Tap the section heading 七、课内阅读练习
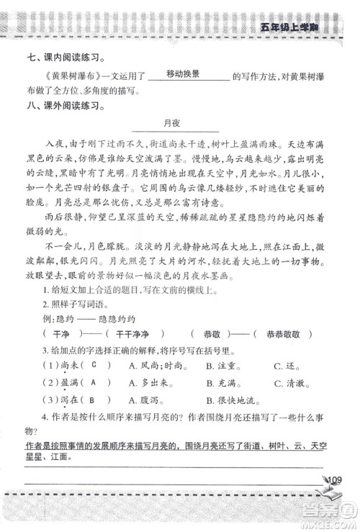point(63,57)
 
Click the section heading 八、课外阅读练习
point(63,108)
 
